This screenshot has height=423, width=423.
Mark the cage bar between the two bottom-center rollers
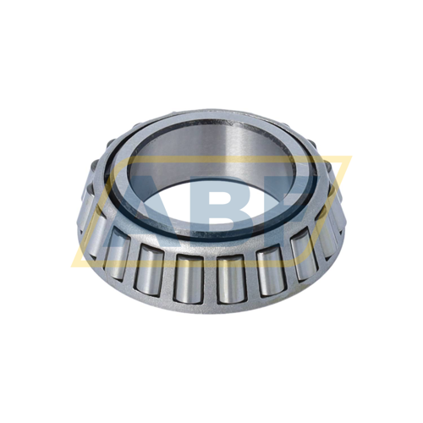coord(209,279)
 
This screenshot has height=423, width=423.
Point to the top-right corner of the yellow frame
coord(349,158)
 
